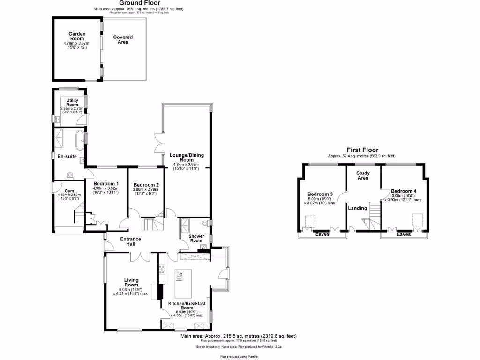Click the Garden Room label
click(76, 37)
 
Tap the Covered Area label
click(123, 40)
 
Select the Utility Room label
click(72, 103)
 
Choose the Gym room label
click(69, 191)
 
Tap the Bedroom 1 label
click(105, 183)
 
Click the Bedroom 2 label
click(146, 185)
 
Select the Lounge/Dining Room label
click(186, 157)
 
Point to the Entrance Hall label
click(130, 242)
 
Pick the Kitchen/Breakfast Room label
click(187, 306)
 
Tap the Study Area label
click(363, 176)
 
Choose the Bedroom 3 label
click(320, 194)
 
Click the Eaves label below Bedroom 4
click(404, 234)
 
